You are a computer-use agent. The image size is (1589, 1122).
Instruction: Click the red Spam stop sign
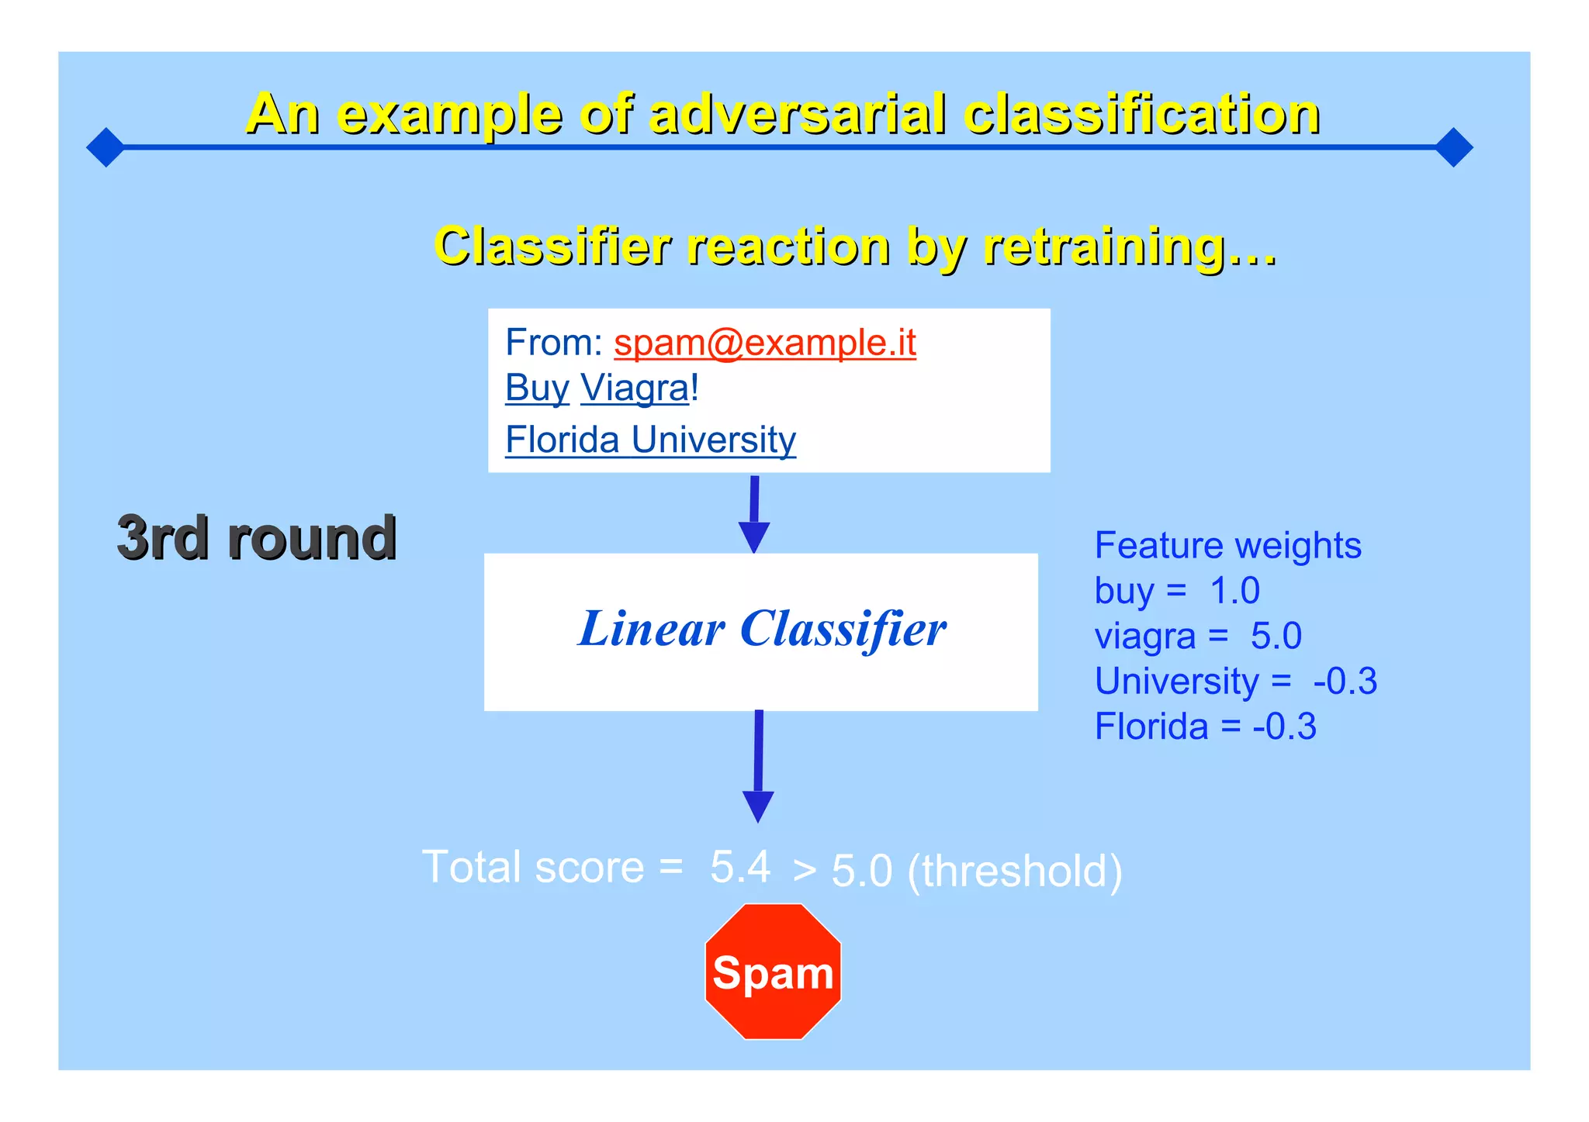pyautogui.click(x=773, y=972)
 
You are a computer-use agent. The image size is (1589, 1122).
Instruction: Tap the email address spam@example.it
pyautogui.click(x=764, y=343)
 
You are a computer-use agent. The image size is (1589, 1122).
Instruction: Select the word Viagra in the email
pyautogui.click(x=635, y=388)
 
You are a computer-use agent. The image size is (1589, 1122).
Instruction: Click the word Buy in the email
pyautogui.click(x=537, y=388)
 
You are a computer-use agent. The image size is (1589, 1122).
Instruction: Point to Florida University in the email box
pyautogui.click(x=650, y=440)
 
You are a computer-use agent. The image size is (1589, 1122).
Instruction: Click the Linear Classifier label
pyautogui.click(x=762, y=629)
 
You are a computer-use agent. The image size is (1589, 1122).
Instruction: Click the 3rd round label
pyautogui.click(x=257, y=537)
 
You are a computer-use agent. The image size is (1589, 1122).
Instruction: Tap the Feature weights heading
pyautogui.click(x=1227, y=545)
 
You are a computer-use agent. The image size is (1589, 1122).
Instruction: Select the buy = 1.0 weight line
pyautogui.click(x=1177, y=591)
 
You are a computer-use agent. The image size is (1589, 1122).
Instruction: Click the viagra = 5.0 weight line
pyautogui.click(x=1198, y=636)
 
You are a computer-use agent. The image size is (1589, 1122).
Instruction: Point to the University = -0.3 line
pyautogui.click(x=1235, y=681)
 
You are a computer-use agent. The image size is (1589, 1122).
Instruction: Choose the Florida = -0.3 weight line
pyautogui.click(x=1205, y=727)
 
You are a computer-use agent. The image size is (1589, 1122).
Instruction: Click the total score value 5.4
pyautogui.click(x=740, y=866)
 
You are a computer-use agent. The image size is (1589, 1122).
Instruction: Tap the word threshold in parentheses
pyautogui.click(x=1015, y=871)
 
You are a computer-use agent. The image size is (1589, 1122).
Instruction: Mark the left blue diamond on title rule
pyautogui.click(x=106, y=147)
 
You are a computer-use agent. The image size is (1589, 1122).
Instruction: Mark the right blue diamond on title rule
pyautogui.click(x=1454, y=147)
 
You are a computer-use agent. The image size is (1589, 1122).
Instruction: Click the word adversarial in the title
pyautogui.click(x=798, y=114)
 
